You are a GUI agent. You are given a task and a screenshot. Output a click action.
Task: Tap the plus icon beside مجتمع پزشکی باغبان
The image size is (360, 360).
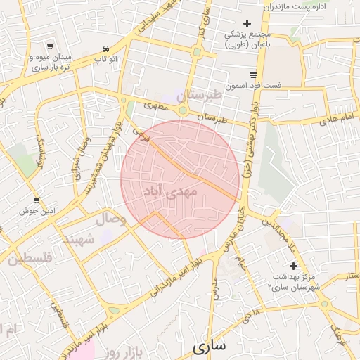click(246, 23)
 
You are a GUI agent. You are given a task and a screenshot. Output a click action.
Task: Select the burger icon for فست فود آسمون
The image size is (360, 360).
click(253, 75)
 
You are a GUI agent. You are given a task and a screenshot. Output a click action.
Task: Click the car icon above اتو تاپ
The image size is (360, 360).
click(105, 49)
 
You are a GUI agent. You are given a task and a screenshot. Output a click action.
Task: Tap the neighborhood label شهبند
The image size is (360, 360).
click(79, 240)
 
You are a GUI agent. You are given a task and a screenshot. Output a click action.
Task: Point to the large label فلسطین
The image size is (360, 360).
click(31, 259)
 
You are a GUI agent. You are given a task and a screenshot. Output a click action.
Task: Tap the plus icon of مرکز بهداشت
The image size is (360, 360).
click(293, 266)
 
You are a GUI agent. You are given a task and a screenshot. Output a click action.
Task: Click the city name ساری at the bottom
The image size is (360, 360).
click(210, 347)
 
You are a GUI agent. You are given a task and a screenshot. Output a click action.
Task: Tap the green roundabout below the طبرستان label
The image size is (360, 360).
click(183, 110)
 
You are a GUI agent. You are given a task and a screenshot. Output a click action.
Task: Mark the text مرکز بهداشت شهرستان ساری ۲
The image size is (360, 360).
click(293, 283)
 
